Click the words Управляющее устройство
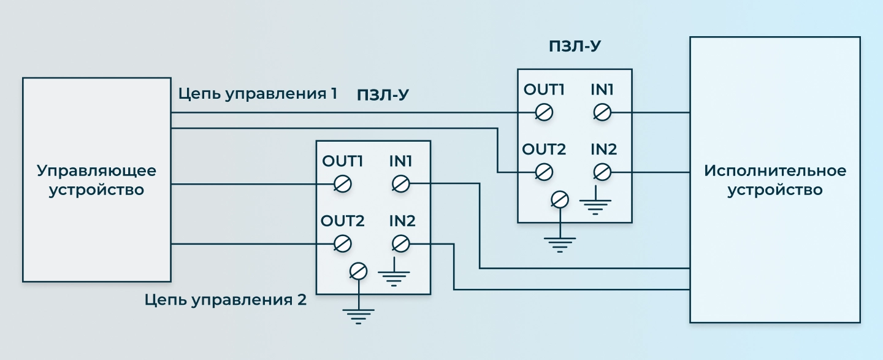[x=97, y=180]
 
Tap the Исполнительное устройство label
[x=775, y=180]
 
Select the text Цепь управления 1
[x=258, y=94]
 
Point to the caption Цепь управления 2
[x=225, y=300]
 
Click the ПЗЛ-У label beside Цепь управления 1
[x=383, y=95]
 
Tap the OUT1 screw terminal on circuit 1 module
[x=545, y=113]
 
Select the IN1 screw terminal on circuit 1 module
[x=602, y=113]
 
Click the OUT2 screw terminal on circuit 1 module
[x=545, y=172]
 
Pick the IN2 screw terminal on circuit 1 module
[x=602, y=172]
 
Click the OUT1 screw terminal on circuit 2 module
[x=343, y=184]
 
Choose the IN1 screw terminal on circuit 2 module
[x=401, y=184]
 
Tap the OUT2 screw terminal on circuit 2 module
[x=343, y=244]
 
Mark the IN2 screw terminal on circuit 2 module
[x=401, y=244]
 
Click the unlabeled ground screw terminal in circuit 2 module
[x=358, y=271]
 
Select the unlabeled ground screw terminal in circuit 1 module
[x=560, y=200]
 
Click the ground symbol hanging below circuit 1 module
[x=560, y=245]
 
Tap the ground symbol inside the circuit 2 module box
[x=394, y=274]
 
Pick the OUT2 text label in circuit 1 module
[x=544, y=150]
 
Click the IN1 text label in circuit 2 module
[x=401, y=161]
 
